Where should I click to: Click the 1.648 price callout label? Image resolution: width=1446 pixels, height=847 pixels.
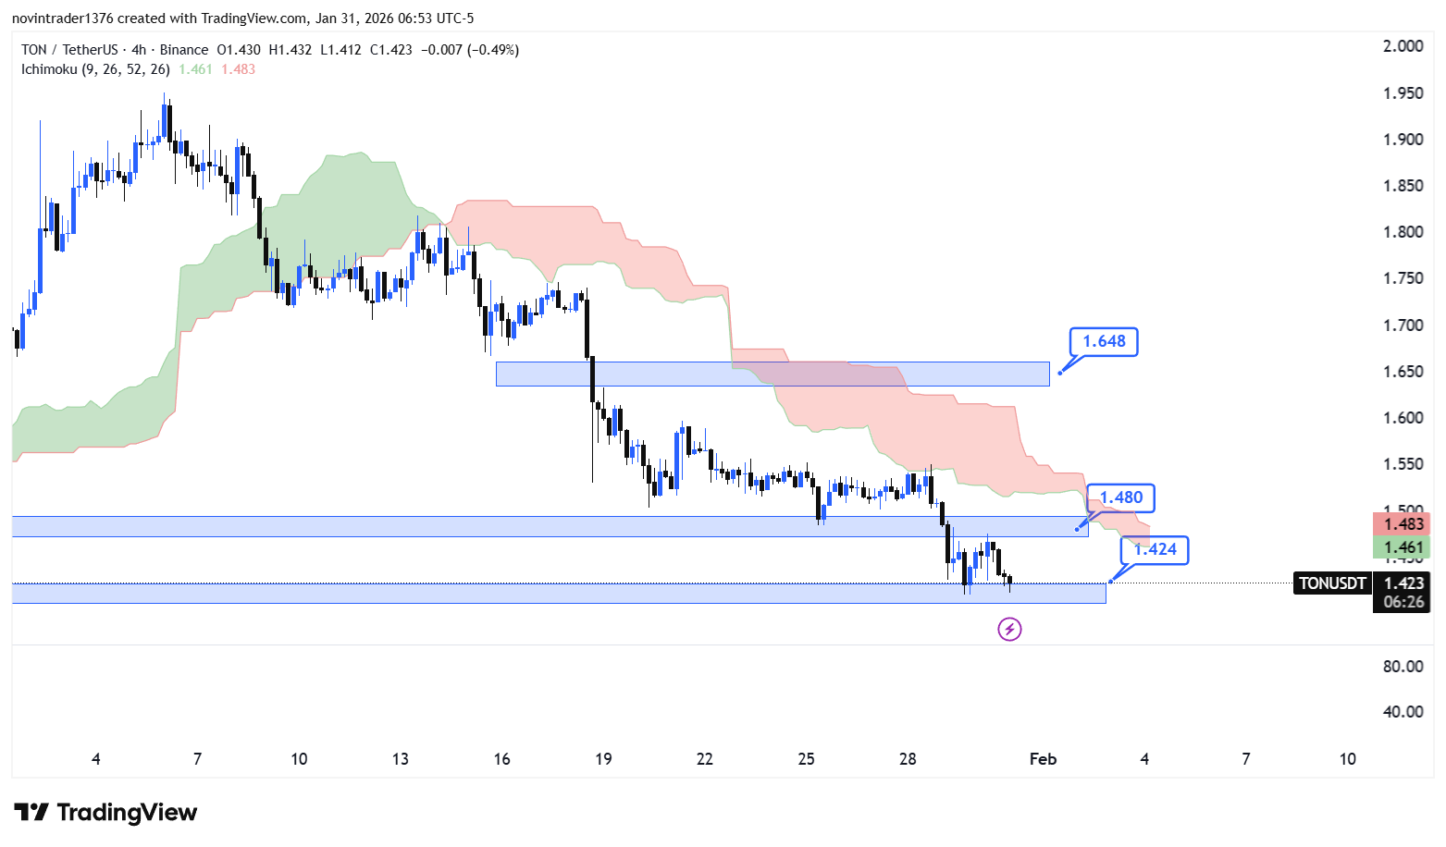pos(1104,341)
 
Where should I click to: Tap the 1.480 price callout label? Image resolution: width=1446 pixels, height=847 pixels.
pos(1120,497)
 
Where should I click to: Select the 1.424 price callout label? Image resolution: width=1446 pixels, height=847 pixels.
pos(1155,549)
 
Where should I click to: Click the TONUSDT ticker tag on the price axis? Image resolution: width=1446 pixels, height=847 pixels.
pos(1332,583)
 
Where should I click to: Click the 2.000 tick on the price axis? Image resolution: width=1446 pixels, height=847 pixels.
pos(1403,46)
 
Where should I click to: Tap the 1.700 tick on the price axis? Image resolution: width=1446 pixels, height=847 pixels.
pos(1403,325)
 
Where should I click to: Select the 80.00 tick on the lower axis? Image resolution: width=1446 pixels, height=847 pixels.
pos(1403,667)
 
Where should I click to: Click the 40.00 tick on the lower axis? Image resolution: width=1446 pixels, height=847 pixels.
pos(1403,712)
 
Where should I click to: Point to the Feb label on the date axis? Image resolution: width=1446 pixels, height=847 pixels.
pos(1043,759)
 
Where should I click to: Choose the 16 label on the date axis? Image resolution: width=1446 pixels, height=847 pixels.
pos(501,759)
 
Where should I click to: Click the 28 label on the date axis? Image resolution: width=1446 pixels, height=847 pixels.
pos(908,759)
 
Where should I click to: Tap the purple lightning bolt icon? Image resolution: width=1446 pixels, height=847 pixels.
pos(1009,630)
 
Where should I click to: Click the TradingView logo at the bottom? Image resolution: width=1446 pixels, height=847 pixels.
pos(105,813)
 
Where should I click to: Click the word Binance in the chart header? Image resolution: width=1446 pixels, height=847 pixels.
pos(184,50)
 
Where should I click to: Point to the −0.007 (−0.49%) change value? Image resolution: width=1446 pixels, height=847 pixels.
pos(470,50)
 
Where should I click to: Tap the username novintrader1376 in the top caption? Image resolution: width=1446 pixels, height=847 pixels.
pos(62,18)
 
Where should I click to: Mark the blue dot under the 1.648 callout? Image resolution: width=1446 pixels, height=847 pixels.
pos(1059,373)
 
